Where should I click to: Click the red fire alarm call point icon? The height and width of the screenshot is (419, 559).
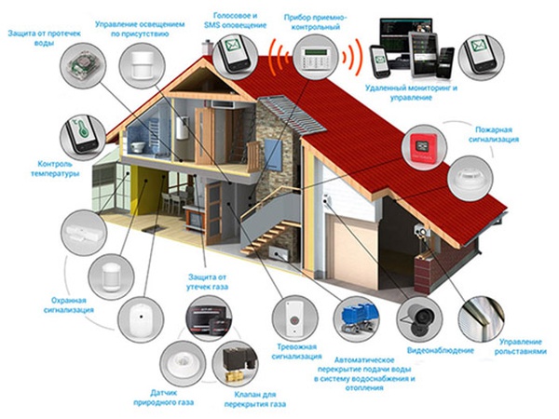tap(422, 148)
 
